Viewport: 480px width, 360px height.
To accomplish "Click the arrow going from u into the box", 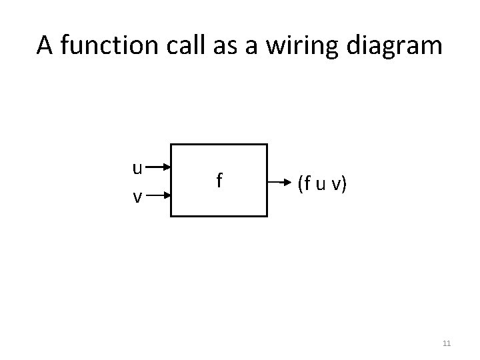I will (x=159, y=168).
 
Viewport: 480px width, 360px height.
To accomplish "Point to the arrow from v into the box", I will (x=159, y=197).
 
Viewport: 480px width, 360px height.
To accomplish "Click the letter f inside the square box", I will (x=219, y=180).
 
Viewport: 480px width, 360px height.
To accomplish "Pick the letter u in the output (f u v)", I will (x=321, y=183).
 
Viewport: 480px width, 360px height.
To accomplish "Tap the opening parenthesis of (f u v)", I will (x=300, y=182).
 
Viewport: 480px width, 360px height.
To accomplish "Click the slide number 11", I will (x=447, y=343).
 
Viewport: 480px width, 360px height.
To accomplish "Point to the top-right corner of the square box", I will (x=267, y=144).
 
